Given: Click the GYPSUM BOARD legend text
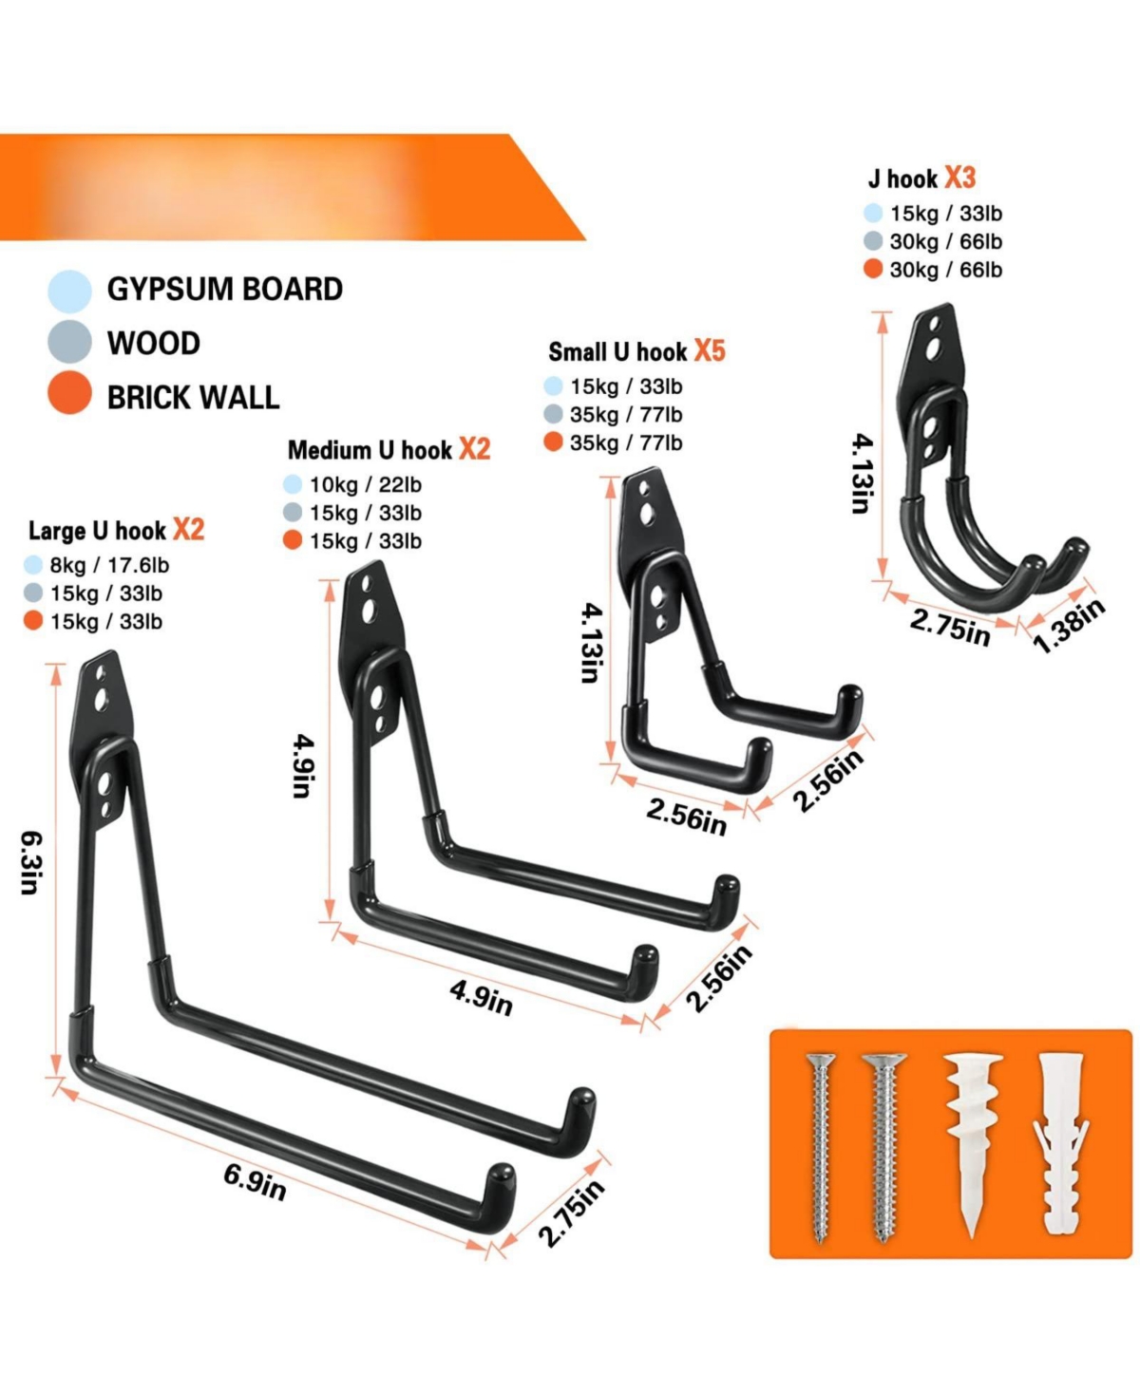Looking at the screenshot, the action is [224, 289].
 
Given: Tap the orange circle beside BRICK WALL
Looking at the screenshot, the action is [69, 393].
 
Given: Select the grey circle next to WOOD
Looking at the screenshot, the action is [69, 341].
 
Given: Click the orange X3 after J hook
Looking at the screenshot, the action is [959, 178].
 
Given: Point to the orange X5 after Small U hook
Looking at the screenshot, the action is [710, 350].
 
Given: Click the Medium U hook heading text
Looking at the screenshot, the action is [370, 450].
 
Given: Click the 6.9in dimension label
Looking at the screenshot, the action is [255, 1183].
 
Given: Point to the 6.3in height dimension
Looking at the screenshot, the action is [31, 863].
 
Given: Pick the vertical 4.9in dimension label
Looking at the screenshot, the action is [303, 766].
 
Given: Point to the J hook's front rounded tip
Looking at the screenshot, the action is [1035, 564].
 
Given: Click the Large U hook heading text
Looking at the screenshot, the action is [97, 531].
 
